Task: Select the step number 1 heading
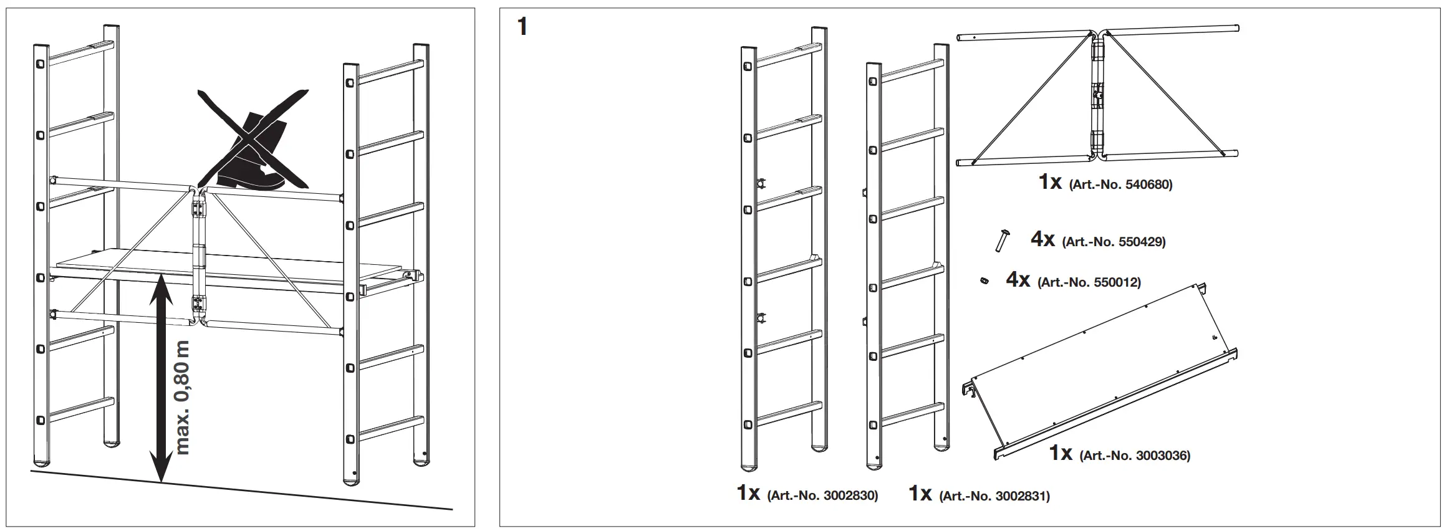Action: (x=522, y=27)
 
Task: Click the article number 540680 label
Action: (x=1120, y=185)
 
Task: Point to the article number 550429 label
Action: (x=1113, y=242)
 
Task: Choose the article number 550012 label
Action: (x=1089, y=282)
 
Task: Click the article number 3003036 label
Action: (x=1134, y=456)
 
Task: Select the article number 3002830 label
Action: (x=822, y=495)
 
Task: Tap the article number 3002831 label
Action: (x=994, y=496)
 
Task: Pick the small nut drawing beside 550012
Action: (x=983, y=281)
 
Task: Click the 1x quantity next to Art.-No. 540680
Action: (x=1050, y=182)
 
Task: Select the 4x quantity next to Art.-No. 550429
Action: (x=1042, y=239)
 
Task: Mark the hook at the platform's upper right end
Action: (x=1202, y=287)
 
